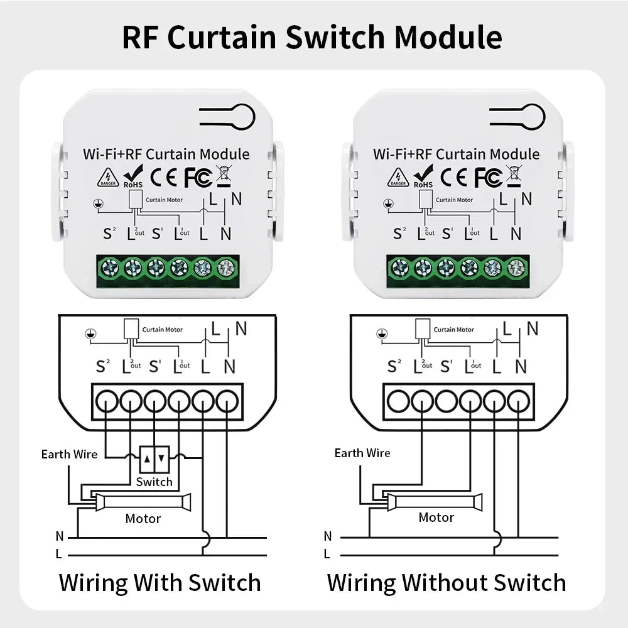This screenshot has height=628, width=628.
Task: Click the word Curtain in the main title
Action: click(x=224, y=38)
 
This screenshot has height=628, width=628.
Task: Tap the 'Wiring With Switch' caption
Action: click(x=160, y=582)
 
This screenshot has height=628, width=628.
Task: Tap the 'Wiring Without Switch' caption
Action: click(x=447, y=582)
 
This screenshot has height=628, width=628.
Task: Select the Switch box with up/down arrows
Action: click(x=154, y=460)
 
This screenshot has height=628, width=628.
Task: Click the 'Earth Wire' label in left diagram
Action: click(x=69, y=454)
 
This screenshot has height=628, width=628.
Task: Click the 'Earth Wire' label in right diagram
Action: click(x=362, y=453)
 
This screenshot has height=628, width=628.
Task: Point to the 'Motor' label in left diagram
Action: click(x=143, y=519)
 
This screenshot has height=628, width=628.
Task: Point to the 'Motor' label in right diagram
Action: click(x=436, y=517)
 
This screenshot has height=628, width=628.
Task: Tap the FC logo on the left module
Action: click(x=197, y=176)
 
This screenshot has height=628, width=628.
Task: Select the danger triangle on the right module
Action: click(x=398, y=177)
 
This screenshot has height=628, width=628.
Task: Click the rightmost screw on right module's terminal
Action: click(x=516, y=268)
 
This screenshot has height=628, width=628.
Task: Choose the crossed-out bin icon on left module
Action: click(x=222, y=176)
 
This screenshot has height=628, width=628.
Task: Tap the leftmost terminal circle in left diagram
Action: click(x=106, y=399)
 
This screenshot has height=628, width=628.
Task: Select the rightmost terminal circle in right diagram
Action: click(x=518, y=399)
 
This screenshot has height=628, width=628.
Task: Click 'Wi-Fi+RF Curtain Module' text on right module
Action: click(x=456, y=154)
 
